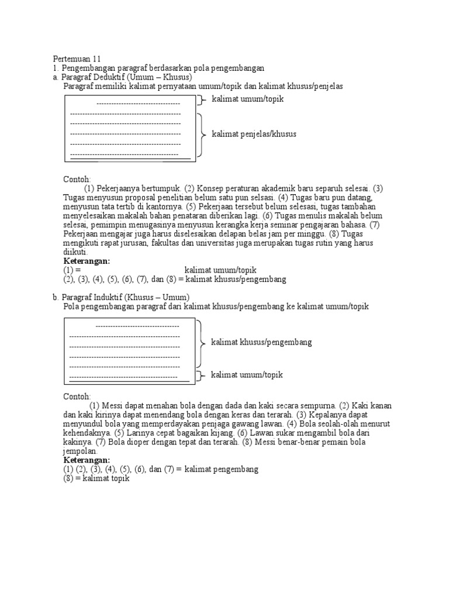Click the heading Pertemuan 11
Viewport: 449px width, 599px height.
tap(77, 59)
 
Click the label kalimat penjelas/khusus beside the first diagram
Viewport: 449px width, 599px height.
tap(254, 134)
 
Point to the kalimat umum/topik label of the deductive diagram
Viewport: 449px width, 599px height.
tap(247, 99)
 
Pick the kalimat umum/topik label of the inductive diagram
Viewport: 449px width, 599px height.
tap(247, 374)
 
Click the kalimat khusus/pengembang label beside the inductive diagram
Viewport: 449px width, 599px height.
tap(261, 342)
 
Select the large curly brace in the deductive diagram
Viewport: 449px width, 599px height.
tap(202, 135)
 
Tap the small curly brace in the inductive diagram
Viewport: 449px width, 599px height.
tap(201, 375)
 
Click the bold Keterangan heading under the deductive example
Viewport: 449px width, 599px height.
tap(87, 261)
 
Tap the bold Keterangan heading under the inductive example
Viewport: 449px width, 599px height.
tap(87, 460)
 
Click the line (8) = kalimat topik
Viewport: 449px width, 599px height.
tap(96, 478)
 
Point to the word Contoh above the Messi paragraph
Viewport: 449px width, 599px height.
tap(77, 397)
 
